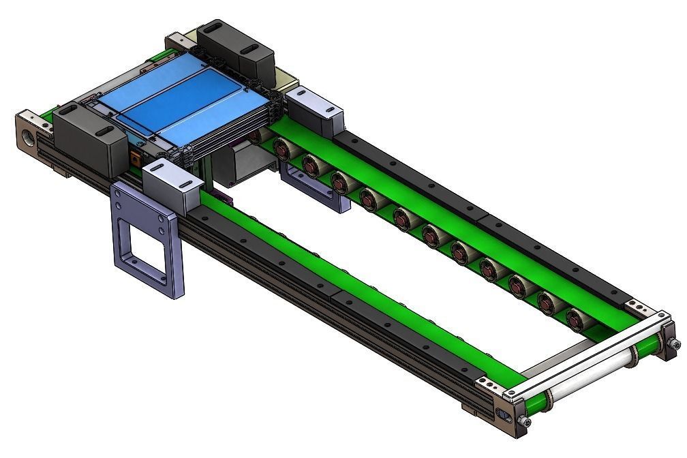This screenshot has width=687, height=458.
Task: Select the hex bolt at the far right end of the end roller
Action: tap(674, 345)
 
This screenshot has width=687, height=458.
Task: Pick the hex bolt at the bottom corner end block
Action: tap(525, 423)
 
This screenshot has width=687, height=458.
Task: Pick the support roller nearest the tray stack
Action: tap(281, 147)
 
